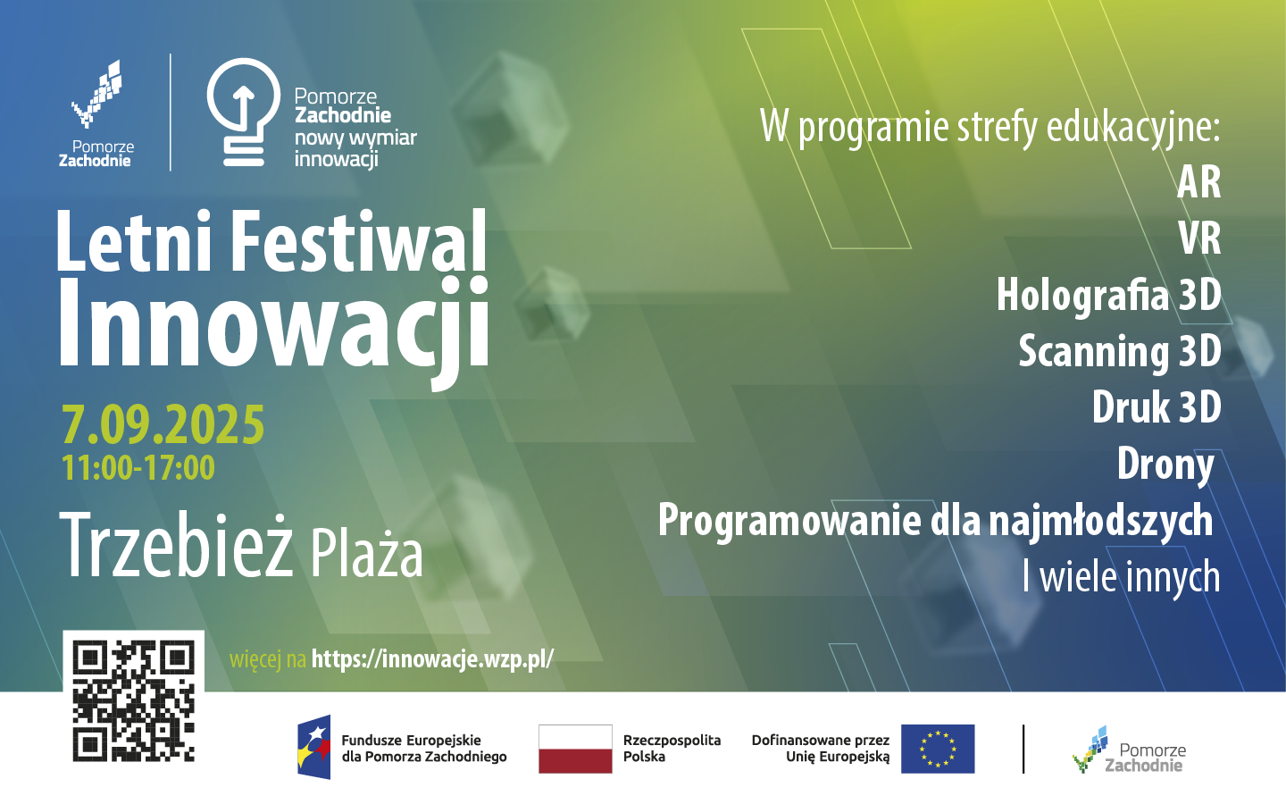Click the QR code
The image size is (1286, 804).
(133, 701)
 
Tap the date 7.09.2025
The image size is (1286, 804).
(163, 424)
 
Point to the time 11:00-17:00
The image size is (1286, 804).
(138, 467)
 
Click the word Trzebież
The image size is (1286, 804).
(176, 544)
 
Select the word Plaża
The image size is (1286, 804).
(367, 551)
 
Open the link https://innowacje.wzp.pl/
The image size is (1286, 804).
(432, 659)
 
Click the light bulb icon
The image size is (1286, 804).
(244, 112)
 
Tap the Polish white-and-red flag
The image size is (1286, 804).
(575, 749)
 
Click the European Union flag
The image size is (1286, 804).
(938, 749)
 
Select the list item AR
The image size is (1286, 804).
(1198, 182)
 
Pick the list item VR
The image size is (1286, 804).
(1200, 239)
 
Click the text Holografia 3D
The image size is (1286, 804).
(1108, 295)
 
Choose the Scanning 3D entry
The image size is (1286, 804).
(1120, 351)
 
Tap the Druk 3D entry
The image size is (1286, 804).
(1157, 407)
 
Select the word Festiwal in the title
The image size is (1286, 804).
(359, 240)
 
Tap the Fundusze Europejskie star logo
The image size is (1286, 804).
(314, 747)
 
